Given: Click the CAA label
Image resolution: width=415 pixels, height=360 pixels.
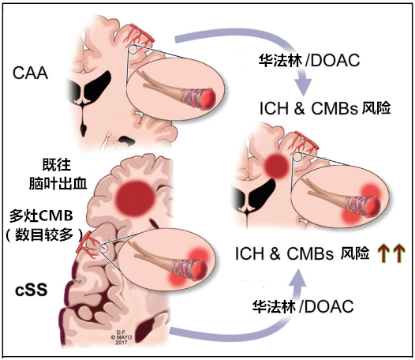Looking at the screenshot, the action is pyautogui.click(x=31, y=73).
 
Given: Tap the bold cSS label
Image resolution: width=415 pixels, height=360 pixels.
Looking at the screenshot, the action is pyautogui.click(x=32, y=290).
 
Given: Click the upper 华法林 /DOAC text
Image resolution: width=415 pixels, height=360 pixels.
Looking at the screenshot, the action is pyautogui.click(x=309, y=61).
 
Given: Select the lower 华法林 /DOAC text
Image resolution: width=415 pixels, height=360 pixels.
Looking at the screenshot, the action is pyautogui.click(x=303, y=306).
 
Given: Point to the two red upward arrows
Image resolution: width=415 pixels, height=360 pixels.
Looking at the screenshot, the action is pyautogui.click(x=391, y=253).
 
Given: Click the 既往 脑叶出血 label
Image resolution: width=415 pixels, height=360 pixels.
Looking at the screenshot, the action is pyautogui.click(x=58, y=174).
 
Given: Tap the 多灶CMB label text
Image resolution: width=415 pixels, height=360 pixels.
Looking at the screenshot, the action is pyautogui.click(x=41, y=216).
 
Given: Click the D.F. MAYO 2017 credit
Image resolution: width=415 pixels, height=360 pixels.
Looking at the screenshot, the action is pyautogui.click(x=122, y=337).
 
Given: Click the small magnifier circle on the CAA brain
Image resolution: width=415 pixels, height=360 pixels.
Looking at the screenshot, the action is pyautogui.click(x=133, y=49).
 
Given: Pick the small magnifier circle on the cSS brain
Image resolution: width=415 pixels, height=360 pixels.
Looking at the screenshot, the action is pyautogui.click(x=103, y=248).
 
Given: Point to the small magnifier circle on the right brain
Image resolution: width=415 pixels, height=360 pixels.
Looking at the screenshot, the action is pyautogui.click(x=297, y=157).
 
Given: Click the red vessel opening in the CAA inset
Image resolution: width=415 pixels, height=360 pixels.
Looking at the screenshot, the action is pyautogui.click(x=208, y=99).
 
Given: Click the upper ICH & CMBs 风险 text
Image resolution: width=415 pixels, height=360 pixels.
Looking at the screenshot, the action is pyautogui.click(x=325, y=108).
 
